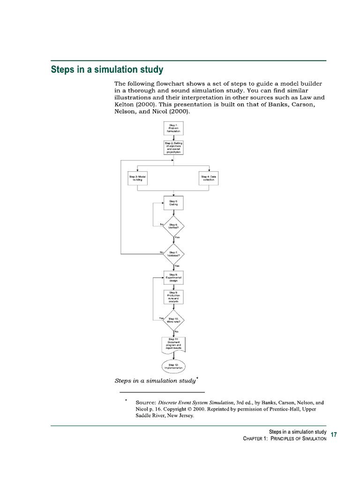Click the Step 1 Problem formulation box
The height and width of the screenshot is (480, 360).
[173, 128]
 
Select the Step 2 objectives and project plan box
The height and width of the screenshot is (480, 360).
[173, 148]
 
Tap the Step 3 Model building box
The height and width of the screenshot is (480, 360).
[137, 178]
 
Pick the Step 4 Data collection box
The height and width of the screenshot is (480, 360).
[209, 178]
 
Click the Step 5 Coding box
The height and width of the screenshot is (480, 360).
[173, 203]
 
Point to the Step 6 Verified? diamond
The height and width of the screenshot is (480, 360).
[173, 226]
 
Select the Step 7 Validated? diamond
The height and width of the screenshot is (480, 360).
[173, 254]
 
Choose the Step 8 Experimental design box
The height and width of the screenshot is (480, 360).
[173, 277]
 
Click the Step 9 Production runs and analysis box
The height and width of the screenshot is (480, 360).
[173, 298]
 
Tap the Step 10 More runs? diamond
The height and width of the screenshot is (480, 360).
[173, 320]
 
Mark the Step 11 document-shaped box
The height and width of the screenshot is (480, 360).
[173, 344]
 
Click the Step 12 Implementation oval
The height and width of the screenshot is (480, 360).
[173, 366]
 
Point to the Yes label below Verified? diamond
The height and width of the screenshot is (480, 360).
[177, 238]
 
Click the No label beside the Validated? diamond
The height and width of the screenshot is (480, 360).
[162, 252]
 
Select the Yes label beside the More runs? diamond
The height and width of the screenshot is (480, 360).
[162, 319]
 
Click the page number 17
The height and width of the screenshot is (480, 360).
[334, 435]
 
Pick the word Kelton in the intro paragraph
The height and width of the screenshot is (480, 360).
[126, 105]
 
